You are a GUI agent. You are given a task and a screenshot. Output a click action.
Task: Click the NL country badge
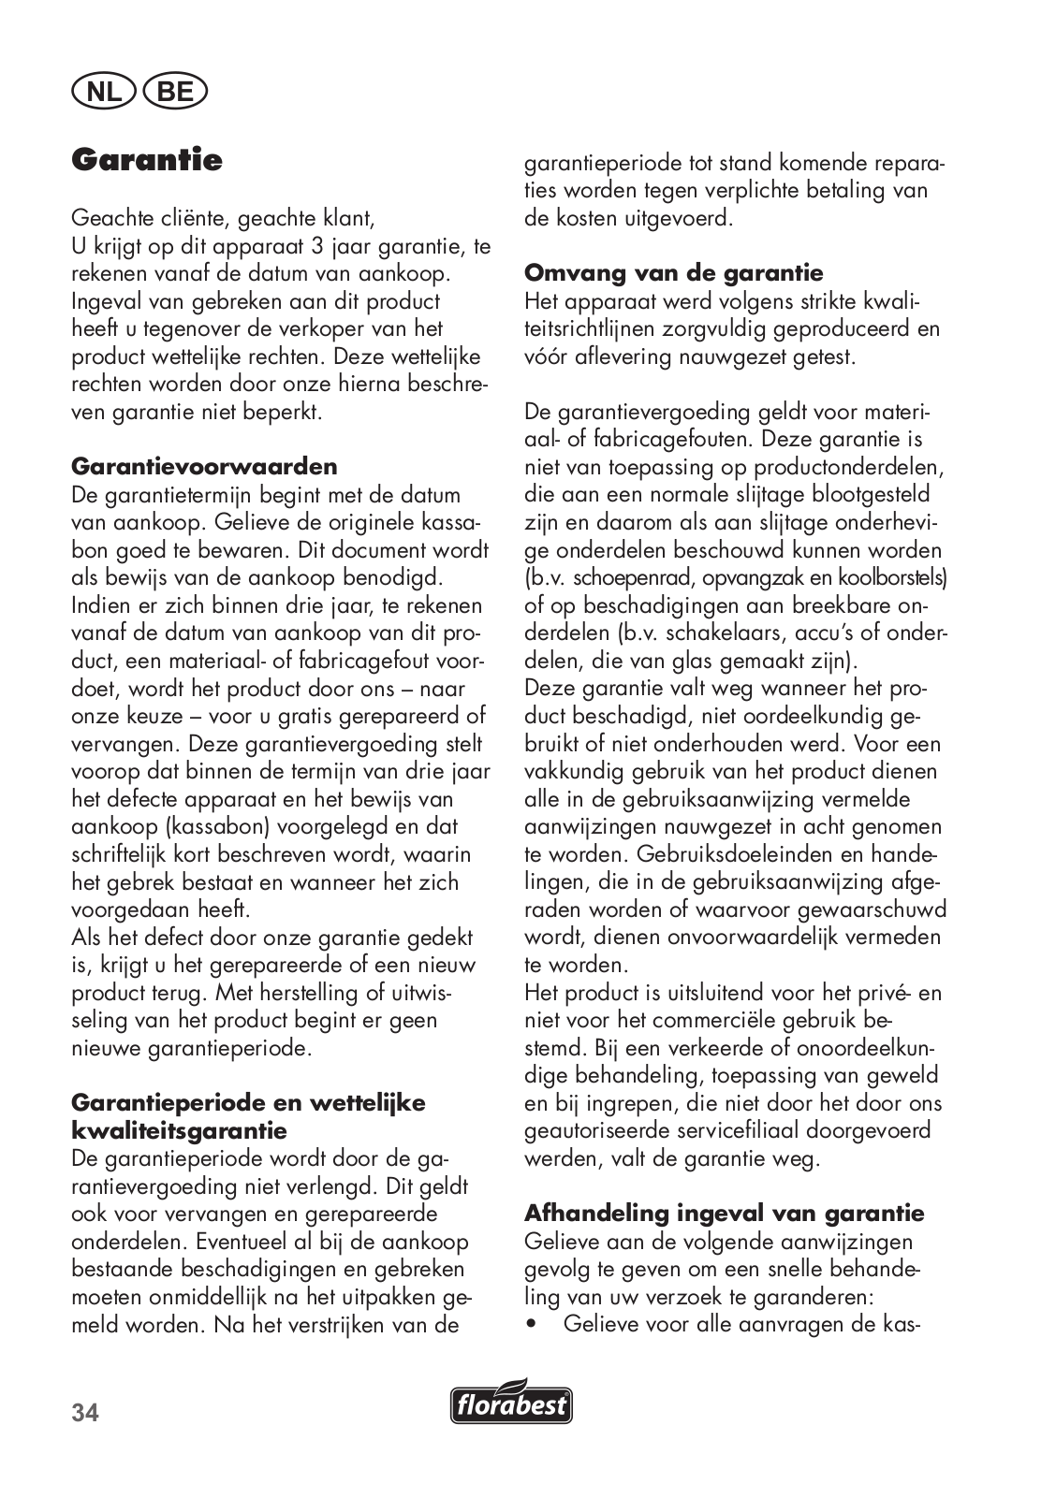(x=104, y=92)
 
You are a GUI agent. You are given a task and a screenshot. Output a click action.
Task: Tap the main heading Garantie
(x=147, y=160)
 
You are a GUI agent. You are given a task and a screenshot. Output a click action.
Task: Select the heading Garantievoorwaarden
(x=204, y=466)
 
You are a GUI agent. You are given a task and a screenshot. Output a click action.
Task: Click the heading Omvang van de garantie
(x=674, y=273)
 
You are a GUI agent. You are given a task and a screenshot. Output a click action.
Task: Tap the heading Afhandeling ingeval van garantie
(x=725, y=1214)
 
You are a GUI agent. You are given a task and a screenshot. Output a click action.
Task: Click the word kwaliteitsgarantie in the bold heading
(x=179, y=1130)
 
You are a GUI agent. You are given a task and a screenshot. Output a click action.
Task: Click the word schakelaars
(x=669, y=633)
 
